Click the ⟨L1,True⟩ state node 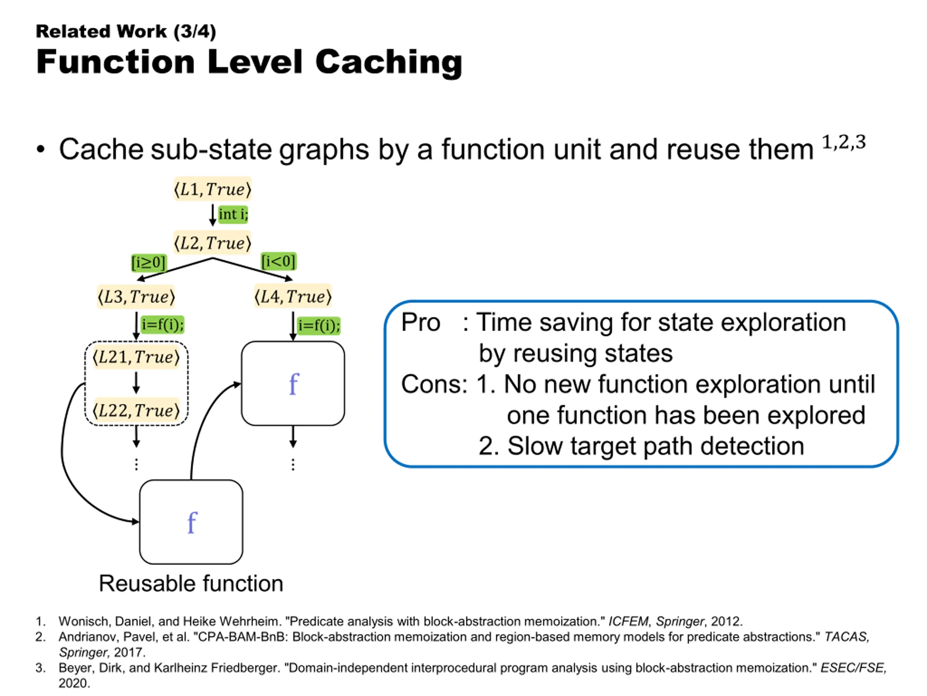[213, 189]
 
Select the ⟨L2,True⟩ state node [213, 243]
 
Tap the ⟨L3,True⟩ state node [136, 297]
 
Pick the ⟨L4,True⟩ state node [293, 297]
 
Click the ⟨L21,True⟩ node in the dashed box [136, 357]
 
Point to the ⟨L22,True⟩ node [136, 410]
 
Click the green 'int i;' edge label [233, 214]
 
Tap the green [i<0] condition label [278, 261]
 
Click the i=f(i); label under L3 [163, 324]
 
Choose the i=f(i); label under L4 [319, 326]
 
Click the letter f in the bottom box [192, 522]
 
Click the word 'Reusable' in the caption [143, 583]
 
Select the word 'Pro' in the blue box [421, 322]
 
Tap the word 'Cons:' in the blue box [434, 384]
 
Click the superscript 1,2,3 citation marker [844, 142]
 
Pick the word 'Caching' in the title [389, 62]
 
